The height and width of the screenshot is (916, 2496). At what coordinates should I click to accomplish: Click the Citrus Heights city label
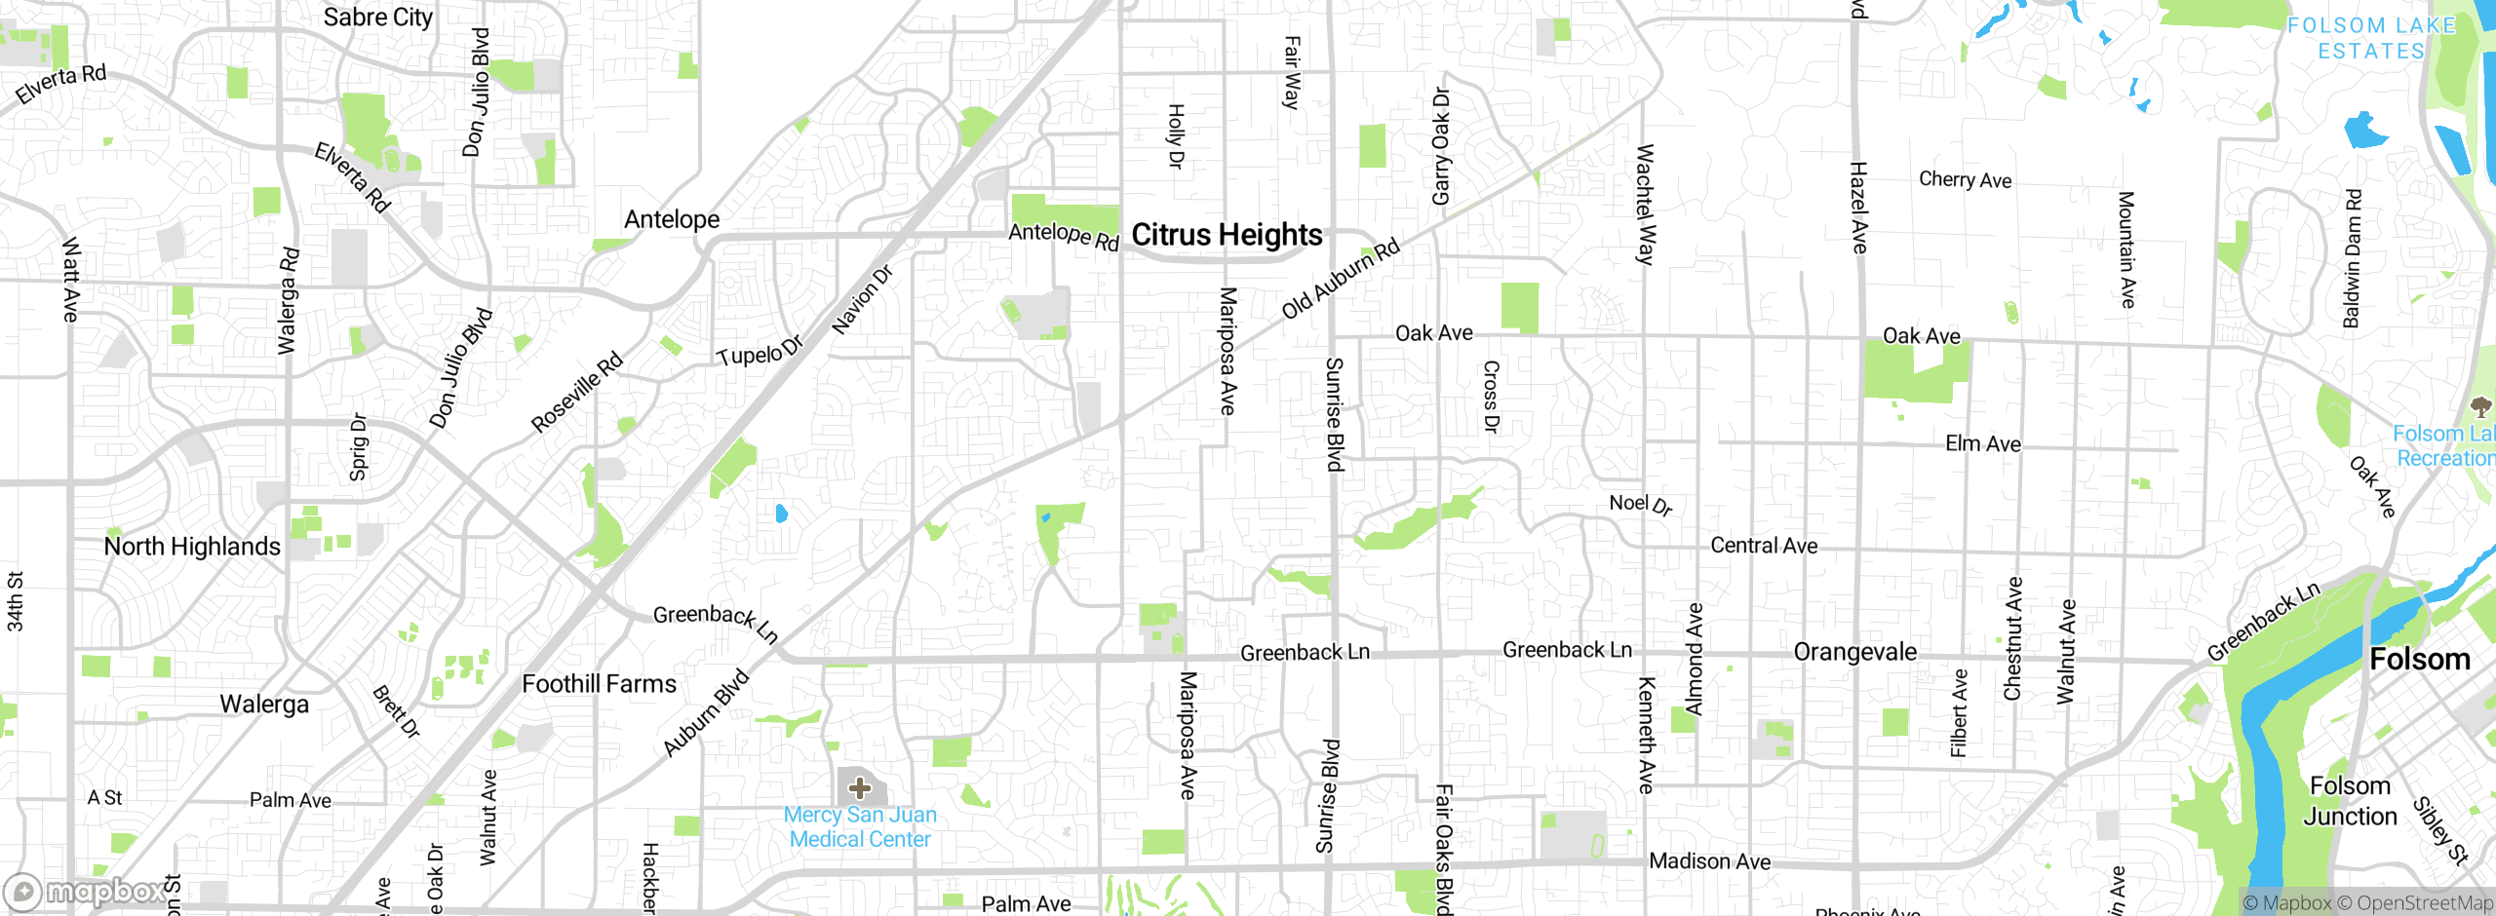(1227, 235)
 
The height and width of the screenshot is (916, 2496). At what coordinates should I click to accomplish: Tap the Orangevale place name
(1854, 652)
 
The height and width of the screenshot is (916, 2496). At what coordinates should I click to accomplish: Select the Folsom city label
(2419, 660)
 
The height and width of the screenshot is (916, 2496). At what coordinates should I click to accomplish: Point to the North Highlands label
(192, 547)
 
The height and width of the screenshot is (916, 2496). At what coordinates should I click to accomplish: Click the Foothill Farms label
(599, 684)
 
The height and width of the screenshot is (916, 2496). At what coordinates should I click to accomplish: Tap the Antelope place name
(672, 219)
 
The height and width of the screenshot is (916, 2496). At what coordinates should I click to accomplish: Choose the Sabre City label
(377, 18)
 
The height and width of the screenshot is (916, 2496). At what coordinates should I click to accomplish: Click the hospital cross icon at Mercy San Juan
(859, 786)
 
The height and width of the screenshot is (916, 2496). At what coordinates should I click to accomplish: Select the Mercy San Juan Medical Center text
(860, 826)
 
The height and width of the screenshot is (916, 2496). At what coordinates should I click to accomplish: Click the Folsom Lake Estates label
(2370, 38)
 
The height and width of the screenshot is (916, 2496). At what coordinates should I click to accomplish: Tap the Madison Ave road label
(1709, 861)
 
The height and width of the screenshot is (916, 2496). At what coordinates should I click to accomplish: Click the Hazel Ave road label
(1858, 208)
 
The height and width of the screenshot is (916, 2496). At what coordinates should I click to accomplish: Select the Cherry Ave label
(1965, 179)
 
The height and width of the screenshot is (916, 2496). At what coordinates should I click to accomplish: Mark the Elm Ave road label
(1982, 444)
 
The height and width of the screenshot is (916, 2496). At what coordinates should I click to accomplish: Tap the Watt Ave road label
(70, 280)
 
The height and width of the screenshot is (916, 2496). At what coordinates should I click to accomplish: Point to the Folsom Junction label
(2350, 801)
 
